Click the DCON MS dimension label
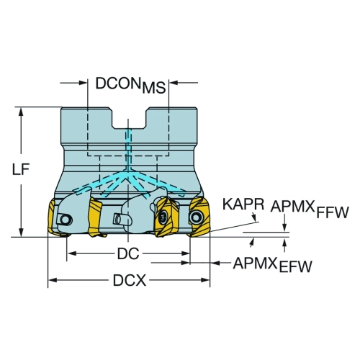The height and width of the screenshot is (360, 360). coord(130,85)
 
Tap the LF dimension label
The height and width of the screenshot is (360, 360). coord(21,169)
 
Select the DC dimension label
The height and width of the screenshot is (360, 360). coord(128,253)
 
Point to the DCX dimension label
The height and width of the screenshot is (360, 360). coord(130,280)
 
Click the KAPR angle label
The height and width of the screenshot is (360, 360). coord(243,204)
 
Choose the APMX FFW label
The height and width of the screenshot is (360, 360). coord(310,209)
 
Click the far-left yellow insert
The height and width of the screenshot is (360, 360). coord(51,216)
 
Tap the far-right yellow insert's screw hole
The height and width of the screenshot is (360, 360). coord(196,217)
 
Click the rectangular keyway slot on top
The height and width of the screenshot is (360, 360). coord(129,118)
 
